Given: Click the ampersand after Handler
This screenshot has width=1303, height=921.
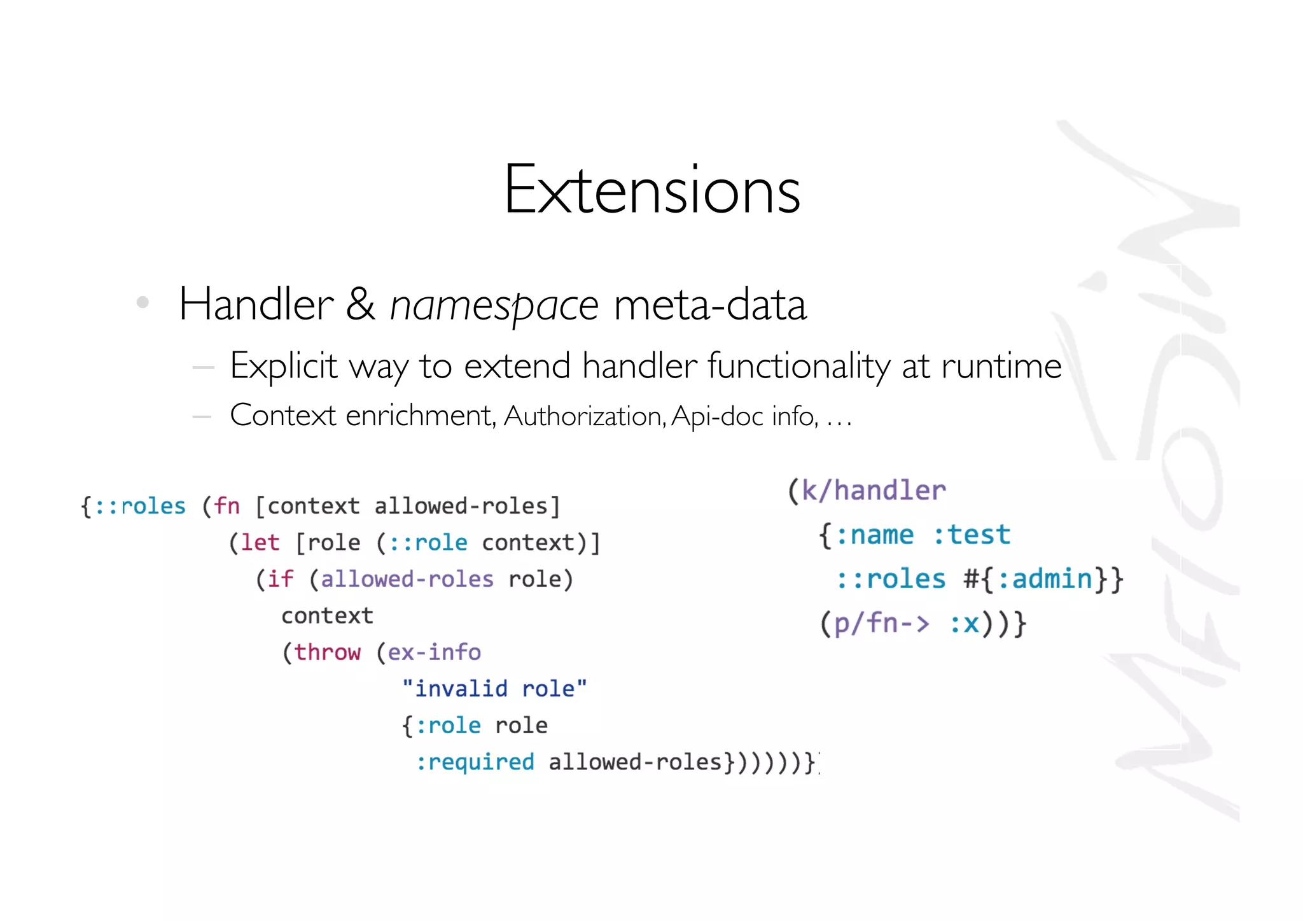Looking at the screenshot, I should [x=360, y=304].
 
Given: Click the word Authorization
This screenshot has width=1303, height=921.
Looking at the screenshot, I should [x=585, y=416].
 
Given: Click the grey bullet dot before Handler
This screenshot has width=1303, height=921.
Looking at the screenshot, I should [x=143, y=302].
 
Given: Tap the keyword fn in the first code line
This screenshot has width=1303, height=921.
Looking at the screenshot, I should [x=226, y=506].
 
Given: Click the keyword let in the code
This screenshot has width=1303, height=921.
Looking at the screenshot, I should [x=260, y=542].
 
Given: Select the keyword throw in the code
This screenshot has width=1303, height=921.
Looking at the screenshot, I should [x=327, y=652].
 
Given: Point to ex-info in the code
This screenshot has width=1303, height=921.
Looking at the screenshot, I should [x=434, y=652].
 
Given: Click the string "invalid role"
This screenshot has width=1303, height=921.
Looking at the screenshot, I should [x=494, y=689].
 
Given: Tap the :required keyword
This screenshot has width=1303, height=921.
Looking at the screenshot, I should [x=475, y=762].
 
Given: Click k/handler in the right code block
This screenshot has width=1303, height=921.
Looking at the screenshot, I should [x=873, y=491].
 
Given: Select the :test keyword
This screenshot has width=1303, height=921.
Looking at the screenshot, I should [x=972, y=535].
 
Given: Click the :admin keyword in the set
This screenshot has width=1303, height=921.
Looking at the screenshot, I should [x=1045, y=579].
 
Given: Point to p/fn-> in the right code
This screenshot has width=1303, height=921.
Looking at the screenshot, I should [x=881, y=623].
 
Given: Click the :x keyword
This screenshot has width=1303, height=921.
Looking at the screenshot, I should [x=965, y=624].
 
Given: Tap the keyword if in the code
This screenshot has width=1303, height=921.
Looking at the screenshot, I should [x=280, y=579].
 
